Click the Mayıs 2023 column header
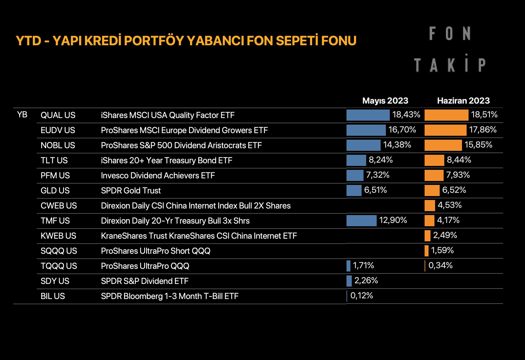[x=385, y=101]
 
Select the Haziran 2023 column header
[x=463, y=101]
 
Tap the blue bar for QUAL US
[x=368, y=115]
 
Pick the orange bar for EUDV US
[x=445, y=130]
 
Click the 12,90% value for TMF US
[x=393, y=220]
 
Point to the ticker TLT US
[x=54, y=160]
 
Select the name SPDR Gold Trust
[x=131, y=190]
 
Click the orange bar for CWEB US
[x=430, y=206]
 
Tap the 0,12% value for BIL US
[x=362, y=295]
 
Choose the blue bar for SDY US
[x=349, y=281]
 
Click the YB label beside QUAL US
[x=22, y=115]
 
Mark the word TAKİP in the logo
[x=450, y=65]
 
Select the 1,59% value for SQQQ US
[x=442, y=250]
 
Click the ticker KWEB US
[x=58, y=236]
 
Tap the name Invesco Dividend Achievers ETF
[x=158, y=175]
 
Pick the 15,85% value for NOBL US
[x=478, y=145]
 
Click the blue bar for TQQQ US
[x=348, y=266]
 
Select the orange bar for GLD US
[x=432, y=190]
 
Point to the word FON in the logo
[x=450, y=33]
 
